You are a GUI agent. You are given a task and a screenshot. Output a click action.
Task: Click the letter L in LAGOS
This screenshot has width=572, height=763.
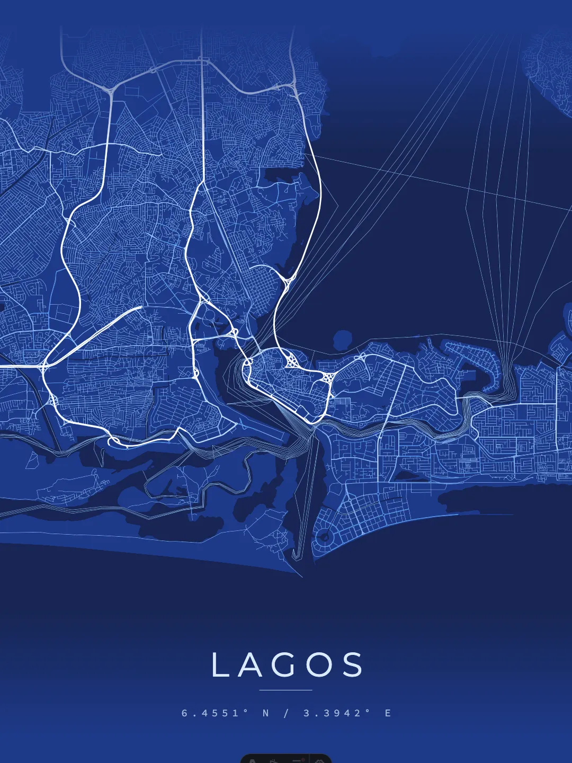click(220, 665)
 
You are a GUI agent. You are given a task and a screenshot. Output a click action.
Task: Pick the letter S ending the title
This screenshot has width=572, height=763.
click(352, 665)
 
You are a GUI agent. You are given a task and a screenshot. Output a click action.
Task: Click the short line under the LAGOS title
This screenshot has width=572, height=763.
click(286, 690)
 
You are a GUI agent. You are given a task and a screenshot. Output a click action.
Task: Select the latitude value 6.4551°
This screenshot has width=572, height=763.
click(215, 713)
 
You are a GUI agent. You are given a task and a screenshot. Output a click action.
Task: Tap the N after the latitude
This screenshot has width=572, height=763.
click(266, 713)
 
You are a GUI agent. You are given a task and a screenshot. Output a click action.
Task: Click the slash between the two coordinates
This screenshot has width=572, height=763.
click(286, 713)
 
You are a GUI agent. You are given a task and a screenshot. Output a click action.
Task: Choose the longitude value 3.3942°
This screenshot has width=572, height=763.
click(337, 713)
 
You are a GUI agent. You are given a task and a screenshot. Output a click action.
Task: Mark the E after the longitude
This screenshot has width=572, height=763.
click(388, 713)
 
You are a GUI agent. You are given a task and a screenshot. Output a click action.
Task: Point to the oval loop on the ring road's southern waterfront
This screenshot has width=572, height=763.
click(114, 441)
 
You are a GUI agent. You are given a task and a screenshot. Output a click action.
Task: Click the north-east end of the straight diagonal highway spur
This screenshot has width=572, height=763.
click(141, 307)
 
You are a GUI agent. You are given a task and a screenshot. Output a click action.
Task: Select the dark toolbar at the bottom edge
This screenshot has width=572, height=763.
click(286, 758)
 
